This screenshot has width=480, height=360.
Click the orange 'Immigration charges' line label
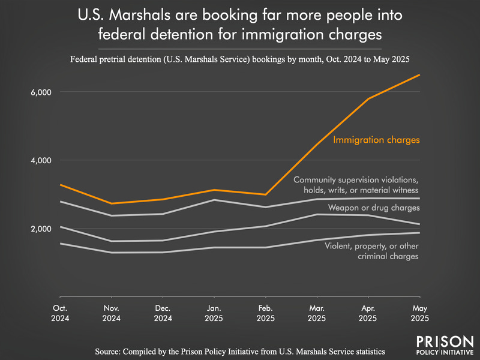pos(376,140)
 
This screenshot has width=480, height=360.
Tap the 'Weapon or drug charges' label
pos(373,208)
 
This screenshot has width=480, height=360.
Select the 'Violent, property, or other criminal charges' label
pos(371,251)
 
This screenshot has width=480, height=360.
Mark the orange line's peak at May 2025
pos(419,75)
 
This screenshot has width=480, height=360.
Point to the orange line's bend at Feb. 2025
pos(265,194)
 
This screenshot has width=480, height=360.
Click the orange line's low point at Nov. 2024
pos(112,203)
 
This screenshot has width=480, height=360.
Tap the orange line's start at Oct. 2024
pos(60,185)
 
